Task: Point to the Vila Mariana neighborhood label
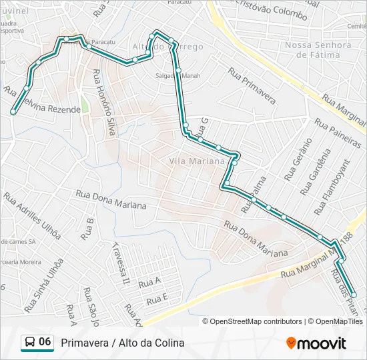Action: tap(197, 161)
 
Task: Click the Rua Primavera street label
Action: tap(252, 85)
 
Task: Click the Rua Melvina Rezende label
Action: tap(43, 105)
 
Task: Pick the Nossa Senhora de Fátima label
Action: tap(318, 49)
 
